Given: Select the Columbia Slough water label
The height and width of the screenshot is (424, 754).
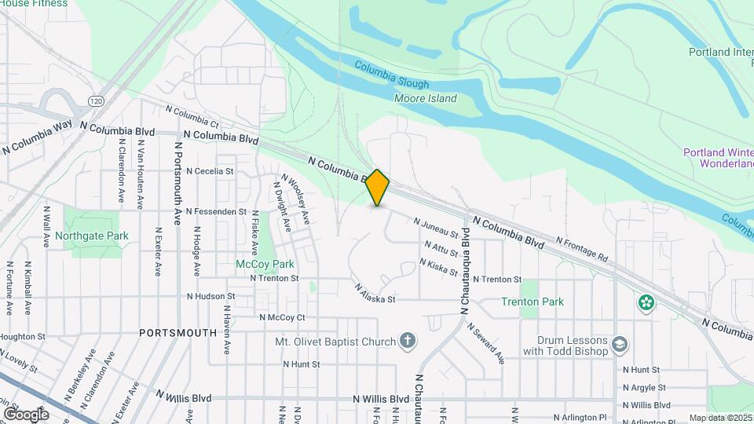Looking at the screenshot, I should (x=391, y=75).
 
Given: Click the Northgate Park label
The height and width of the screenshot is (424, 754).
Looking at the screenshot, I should (x=91, y=236).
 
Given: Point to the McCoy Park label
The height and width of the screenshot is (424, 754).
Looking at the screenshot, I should (x=265, y=264).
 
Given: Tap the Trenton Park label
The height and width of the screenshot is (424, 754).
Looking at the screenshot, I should (x=533, y=302).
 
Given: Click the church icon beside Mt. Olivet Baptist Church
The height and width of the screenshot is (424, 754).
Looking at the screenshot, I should (x=407, y=341).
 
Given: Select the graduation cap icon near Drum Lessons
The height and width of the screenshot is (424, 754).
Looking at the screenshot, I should (x=620, y=344).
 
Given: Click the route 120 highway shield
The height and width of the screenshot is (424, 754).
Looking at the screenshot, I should (x=96, y=101).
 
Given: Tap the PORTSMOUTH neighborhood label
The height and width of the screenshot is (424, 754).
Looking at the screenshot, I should (x=178, y=333).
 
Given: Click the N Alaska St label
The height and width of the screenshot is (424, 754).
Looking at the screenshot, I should (x=374, y=294).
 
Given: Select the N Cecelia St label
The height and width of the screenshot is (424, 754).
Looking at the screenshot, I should (x=209, y=170).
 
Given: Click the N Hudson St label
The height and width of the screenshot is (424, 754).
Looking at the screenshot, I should (x=211, y=296).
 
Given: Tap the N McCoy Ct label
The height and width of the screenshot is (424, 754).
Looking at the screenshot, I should (x=281, y=317).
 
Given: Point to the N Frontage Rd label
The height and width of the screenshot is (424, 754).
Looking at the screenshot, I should (x=582, y=249).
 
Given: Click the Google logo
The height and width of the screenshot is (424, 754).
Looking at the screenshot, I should (x=26, y=414).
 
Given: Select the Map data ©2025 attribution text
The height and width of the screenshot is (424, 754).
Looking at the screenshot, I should (x=719, y=418).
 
